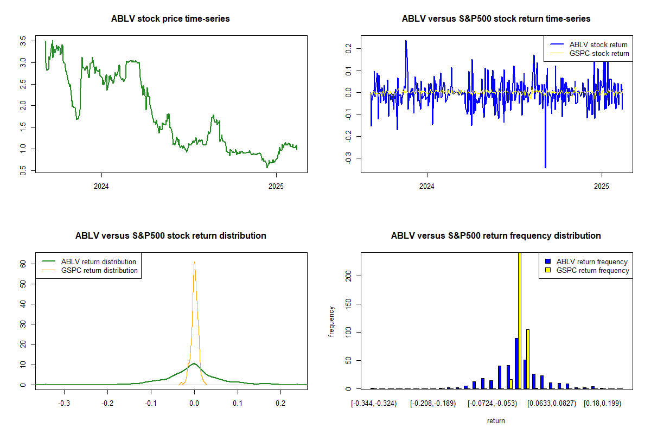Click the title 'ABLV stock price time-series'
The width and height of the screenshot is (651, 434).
170,19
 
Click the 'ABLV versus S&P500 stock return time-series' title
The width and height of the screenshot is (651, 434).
496,19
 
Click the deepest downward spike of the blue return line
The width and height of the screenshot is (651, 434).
545,167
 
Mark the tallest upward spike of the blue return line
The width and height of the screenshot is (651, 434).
406,41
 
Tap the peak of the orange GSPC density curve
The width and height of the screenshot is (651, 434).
194,262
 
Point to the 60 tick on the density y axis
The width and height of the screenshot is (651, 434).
23,264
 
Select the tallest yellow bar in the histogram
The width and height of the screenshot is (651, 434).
519,320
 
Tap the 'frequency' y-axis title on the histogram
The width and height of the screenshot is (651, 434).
332,321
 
